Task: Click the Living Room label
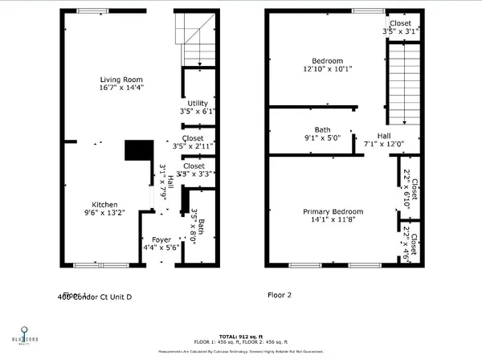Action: coord(121,79)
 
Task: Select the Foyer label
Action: coord(161,239)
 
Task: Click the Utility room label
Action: coord(197,104)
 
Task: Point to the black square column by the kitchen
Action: coord(138,151)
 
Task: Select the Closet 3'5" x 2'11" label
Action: coord(193,142)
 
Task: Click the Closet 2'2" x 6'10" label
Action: coord(407,187)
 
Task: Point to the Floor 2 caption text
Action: coord(279,295)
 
